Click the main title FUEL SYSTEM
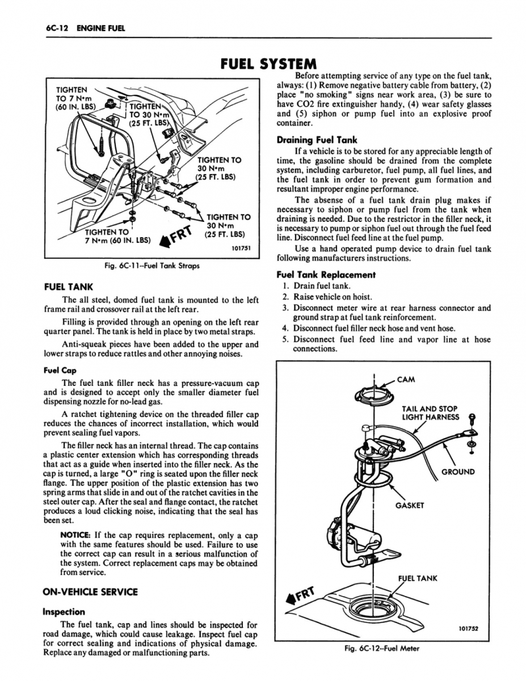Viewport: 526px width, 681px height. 263,64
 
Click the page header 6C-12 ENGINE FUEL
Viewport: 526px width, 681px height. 79,28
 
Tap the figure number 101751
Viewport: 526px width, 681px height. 242,247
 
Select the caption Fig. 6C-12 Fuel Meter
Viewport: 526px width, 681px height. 383,649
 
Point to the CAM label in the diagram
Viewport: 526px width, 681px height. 406,380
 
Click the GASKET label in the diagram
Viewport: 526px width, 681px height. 410,505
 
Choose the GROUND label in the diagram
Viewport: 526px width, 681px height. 458,472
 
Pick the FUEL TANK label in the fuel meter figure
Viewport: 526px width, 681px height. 417,578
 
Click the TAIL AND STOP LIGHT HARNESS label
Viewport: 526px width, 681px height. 430,413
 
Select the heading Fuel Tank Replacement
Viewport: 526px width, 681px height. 326,275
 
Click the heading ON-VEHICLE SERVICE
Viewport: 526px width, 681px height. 90,591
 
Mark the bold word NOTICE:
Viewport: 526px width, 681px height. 75,535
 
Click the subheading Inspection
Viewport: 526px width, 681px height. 64,612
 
